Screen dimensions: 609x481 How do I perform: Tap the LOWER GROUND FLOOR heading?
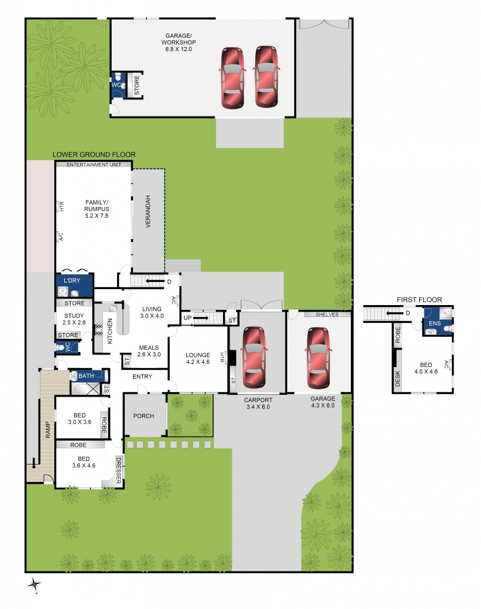coord(94,155)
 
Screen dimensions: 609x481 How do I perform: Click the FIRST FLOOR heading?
coord(419,300)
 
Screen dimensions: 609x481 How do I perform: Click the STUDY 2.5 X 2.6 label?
coord(74,319)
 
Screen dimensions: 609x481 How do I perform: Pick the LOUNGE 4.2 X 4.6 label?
coord(198,359)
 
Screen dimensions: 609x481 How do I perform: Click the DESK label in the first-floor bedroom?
coord(397,378)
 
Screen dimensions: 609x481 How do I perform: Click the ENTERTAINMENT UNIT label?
coord(93,164)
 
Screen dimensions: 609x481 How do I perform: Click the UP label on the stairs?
coord(188,319)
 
